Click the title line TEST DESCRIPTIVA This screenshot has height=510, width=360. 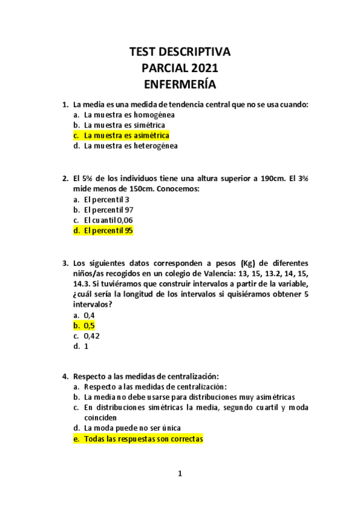point(180,52)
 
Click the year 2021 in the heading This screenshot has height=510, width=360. point(200,68)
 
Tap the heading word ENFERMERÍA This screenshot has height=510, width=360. point(180,84)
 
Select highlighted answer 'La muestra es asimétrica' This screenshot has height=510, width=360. point(126,135)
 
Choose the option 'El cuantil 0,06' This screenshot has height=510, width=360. point(109,220)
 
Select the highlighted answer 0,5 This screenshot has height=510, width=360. point(90,325)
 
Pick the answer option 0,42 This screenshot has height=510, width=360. point(91,336)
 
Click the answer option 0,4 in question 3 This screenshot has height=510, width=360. point(90,315)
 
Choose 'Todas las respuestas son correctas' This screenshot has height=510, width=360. point(143,439)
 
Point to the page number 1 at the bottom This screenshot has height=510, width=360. point(180,474)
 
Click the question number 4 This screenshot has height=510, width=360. point(65,376)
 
